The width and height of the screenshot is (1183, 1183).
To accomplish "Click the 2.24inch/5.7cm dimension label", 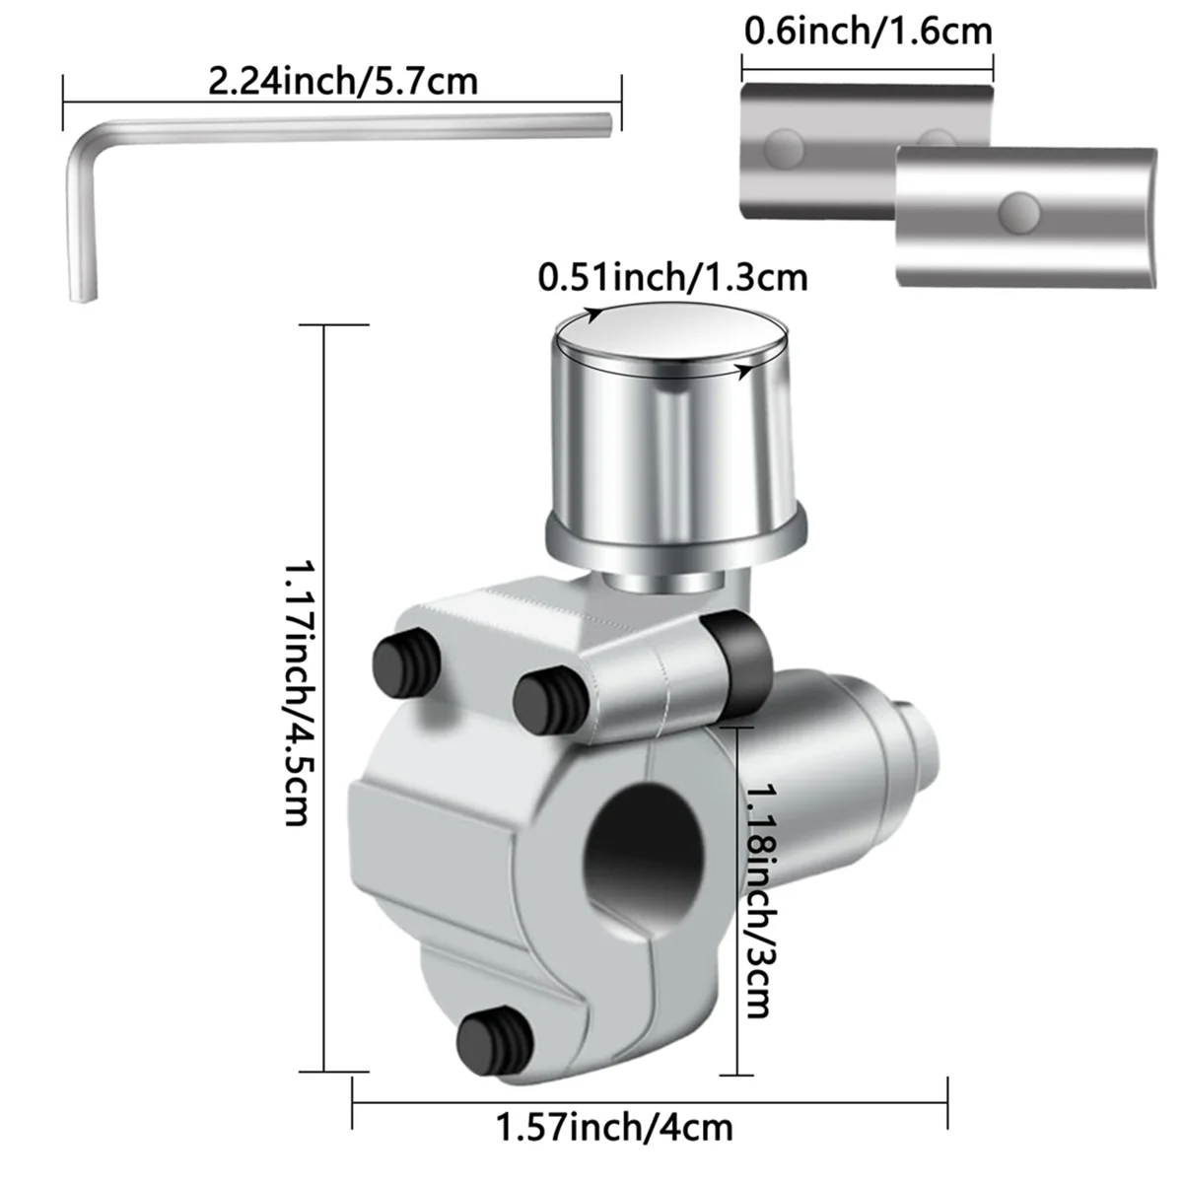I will pyautogui.click(x=342, y=80).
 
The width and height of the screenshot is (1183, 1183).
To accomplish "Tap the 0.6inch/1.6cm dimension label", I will pyautogui.click(x=868, y=32).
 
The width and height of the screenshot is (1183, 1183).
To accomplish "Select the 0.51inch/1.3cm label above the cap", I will pyautogui.click(x=672, y=277).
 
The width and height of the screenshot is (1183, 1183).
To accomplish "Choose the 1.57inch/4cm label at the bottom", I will pyautogui.click(x=614, y=1126).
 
